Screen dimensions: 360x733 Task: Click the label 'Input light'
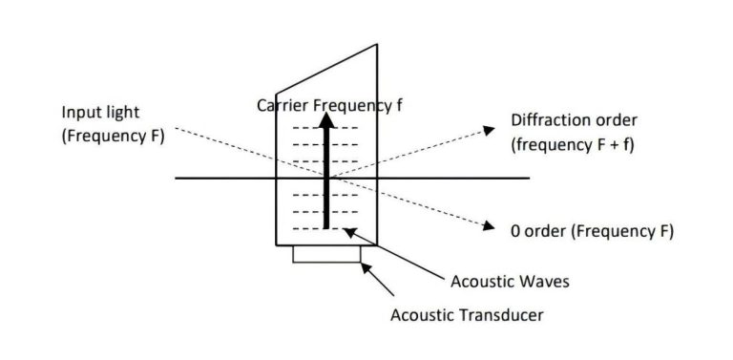[101, 113]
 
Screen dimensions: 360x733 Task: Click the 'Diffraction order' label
[574, 121]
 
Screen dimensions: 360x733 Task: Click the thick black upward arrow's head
[327, 121]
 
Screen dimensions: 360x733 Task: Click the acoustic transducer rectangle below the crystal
[327, 253]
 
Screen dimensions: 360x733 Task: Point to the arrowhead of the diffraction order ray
[492, 127]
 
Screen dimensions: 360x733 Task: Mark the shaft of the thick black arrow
[327, 181]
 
